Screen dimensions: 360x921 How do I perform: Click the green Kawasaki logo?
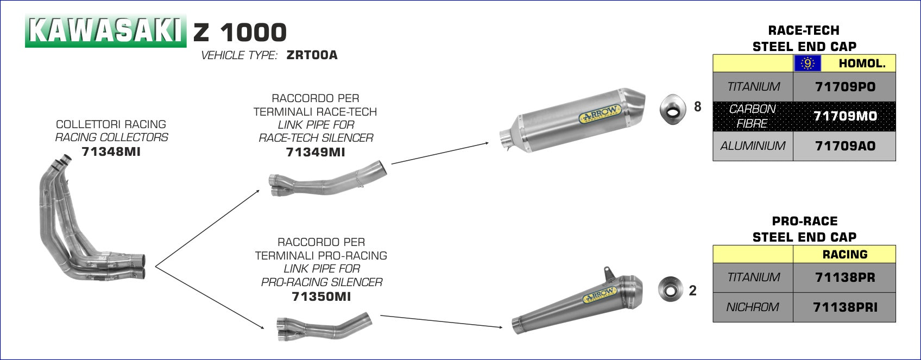tap(105, 31)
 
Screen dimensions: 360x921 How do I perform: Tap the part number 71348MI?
tap(111, 151)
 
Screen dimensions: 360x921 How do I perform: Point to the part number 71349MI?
tap(316, 152)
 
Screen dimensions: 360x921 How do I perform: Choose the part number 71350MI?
tap(321, 296)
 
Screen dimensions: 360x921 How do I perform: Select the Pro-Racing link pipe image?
tap(324, 326)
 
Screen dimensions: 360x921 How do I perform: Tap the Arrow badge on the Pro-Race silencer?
tap(600, 295)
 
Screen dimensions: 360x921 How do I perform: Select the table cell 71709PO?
tap(845, 87)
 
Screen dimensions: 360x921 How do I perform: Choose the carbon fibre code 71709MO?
tap(845, 116)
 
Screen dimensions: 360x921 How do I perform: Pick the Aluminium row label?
tap(753, 146)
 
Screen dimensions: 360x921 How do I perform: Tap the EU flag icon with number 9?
tap(808, 64)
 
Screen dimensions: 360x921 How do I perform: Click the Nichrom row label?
tap(753, 307)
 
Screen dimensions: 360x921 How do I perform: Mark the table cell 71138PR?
tap(845, 277)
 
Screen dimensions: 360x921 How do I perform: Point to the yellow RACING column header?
tap(845, 254)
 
